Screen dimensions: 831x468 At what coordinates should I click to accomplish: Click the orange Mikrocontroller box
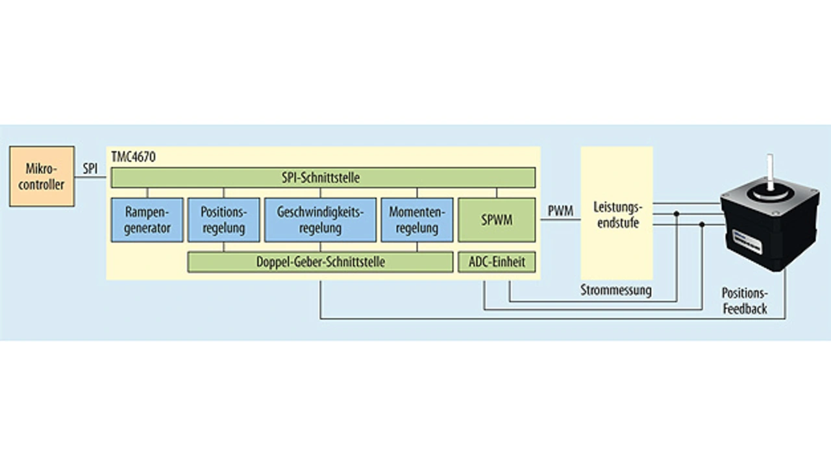[42, 176]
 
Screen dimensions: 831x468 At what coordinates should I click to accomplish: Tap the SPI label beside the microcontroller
[90, 169]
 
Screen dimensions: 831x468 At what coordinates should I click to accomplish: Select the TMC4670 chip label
[134, 157]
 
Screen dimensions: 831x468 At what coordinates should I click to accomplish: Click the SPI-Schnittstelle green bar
[323, 178]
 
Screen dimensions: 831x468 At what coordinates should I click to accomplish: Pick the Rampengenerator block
[147, 220]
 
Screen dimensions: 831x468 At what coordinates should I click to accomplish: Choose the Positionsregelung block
[224, 220]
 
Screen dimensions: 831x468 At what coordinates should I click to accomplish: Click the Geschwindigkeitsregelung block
[320, 220]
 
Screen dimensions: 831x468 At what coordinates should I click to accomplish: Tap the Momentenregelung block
[417, 220]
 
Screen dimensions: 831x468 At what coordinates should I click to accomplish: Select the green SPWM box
[497, 220]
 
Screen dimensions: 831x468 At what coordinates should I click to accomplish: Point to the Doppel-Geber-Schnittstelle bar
[320, 262]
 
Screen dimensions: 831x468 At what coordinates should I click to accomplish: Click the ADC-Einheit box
[497, 262]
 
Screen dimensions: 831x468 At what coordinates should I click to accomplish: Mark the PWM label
[560, 211]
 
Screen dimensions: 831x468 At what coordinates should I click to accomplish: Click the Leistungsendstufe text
[617, 215]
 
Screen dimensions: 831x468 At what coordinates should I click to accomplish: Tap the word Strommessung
[616, 290]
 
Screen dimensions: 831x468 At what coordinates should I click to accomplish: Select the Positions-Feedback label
[745, 301]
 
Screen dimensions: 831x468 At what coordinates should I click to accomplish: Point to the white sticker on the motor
[747, 241]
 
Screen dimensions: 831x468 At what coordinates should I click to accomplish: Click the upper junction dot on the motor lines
[676, 214]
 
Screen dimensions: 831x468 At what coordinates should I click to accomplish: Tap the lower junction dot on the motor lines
[702, 225]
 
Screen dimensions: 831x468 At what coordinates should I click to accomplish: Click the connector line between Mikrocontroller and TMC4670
[90, 177]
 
